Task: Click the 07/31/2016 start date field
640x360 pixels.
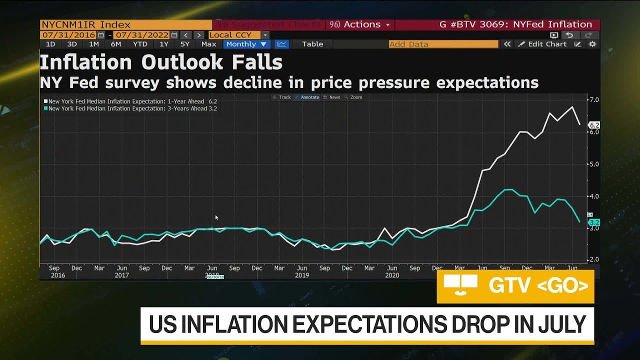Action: tap(69, 35)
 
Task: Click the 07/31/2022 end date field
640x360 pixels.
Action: tap(141, 35)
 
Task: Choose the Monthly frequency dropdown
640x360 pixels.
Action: tap(245, 44)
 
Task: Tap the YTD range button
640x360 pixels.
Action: tap(140, 44)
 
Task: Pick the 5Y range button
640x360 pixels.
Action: tap(184, 44)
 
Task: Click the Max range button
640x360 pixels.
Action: tap(208, 44)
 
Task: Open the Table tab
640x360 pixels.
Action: tap(312, 44)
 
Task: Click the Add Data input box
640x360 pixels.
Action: tap(443, 44)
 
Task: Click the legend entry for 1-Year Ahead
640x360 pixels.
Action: tap(130, 101)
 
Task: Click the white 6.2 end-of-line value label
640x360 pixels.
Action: tap(594, 125)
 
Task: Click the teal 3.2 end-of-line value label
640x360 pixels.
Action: tap(594, 222)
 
